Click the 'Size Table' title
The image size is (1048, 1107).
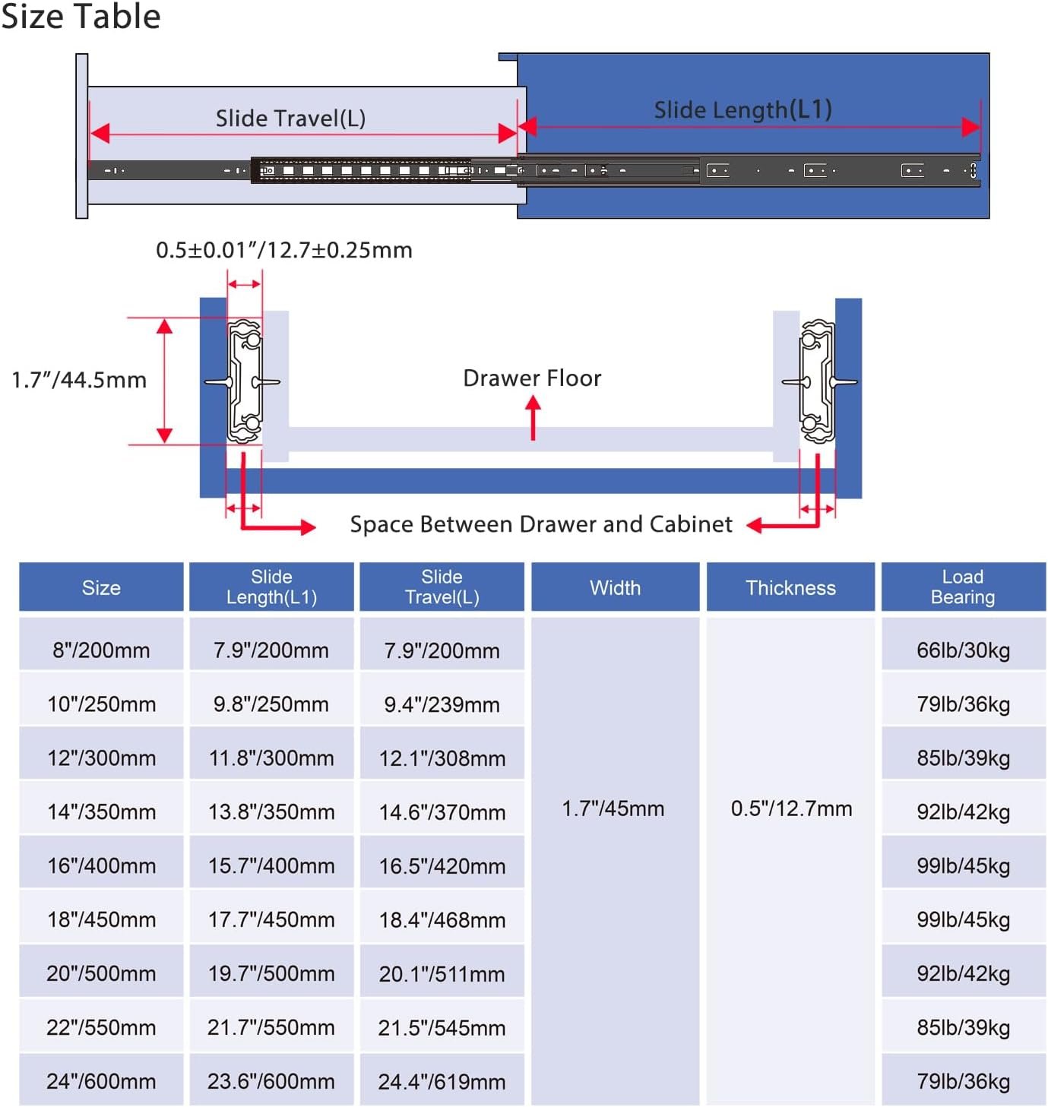(x=81, y=16)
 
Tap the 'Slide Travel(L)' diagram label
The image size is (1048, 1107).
(x=291, y=119)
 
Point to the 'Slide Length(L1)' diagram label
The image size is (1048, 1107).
(x=742, y=110)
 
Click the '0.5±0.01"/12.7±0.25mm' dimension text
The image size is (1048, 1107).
(x=284, y=250)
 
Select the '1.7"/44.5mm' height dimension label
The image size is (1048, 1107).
(x=80, y=380)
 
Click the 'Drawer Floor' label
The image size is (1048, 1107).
(x=532, y=378)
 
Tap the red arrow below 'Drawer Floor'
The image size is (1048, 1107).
(x=533, y=417)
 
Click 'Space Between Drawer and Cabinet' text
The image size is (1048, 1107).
(x=541, y=524)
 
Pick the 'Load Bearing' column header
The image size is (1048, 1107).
(x=962, y=587)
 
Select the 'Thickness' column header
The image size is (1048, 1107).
(x=790, y=588)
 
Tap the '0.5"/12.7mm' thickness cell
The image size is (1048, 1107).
(x=791, y=808)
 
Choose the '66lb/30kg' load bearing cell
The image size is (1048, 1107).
(x=963, y=650)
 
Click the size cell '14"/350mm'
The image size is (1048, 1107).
(x=101, y=812)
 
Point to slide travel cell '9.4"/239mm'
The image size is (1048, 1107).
(x=442, y=704)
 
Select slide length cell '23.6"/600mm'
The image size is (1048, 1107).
(x=271, y=1081)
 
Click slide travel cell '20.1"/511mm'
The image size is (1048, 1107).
(x=442, y=973)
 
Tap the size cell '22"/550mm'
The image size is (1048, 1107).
(x=101, y=1028)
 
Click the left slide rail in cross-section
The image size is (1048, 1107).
(x=245, y=381)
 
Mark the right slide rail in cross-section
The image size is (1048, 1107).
(x=818, y=381)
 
